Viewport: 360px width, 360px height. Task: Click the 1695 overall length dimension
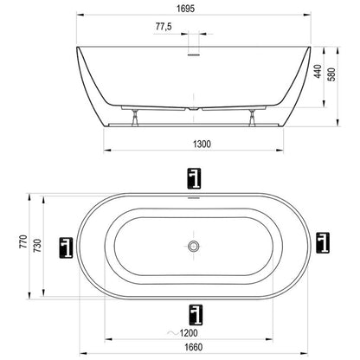pyautogui.click(x=186, y=9)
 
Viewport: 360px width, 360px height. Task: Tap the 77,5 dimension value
pyautogui.click(x=164, y=27)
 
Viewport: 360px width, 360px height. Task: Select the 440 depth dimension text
pyautogui.click(x=318, y=71)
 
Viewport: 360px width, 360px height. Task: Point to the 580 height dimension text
pyautogui.click(x=332, y=74)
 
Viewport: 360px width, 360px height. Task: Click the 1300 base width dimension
pyautogui.click(x=202, y=144)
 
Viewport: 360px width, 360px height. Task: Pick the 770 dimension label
pyautogui.click(x=23, y=241)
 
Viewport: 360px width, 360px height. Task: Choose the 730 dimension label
pyautogui.click(x=38, y=246)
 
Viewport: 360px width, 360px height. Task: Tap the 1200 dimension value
pyautogui.click(x=189, y=333)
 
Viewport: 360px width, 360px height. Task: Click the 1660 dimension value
pyautogui.click(x=194, y=347)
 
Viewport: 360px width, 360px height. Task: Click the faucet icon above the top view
pyautogui.click(x=194, y=178)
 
